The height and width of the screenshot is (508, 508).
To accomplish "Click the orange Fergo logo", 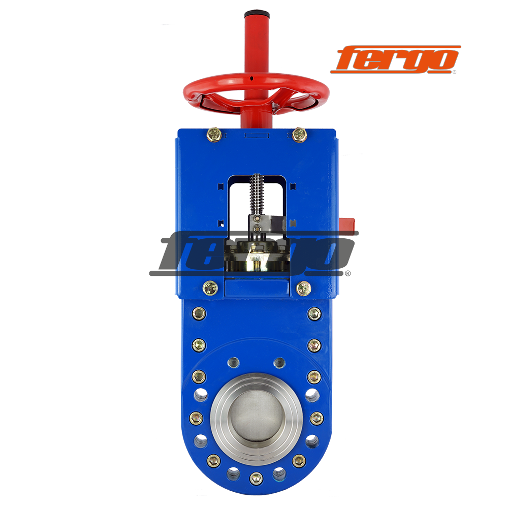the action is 395,59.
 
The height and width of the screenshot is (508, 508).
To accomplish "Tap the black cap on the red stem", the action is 257,14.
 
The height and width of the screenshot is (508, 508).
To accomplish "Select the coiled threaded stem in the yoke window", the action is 256,195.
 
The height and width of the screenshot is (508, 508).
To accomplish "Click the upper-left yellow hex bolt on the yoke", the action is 214,134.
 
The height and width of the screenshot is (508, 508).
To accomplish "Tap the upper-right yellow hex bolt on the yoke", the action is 299,135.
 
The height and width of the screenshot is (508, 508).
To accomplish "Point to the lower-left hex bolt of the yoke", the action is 210,288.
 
